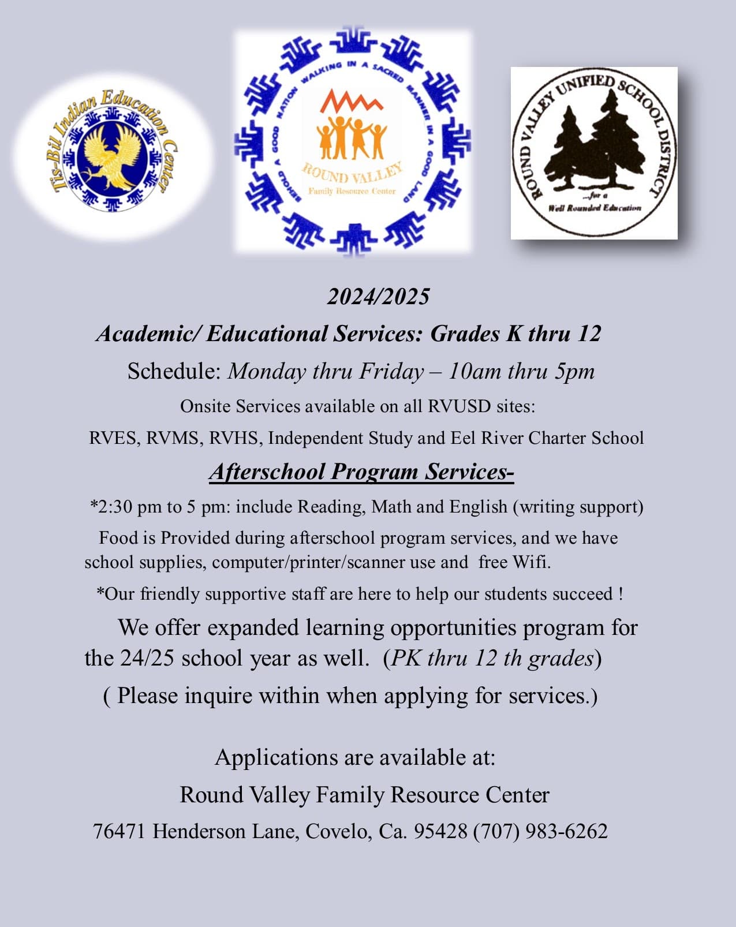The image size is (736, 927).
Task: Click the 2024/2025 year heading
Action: point(378,297)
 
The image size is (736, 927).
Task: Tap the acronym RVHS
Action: point(233,438)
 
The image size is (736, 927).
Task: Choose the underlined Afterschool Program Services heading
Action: point(361,472)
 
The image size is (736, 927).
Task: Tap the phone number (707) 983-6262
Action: point(540,831)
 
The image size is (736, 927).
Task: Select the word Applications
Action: point(277,757)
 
